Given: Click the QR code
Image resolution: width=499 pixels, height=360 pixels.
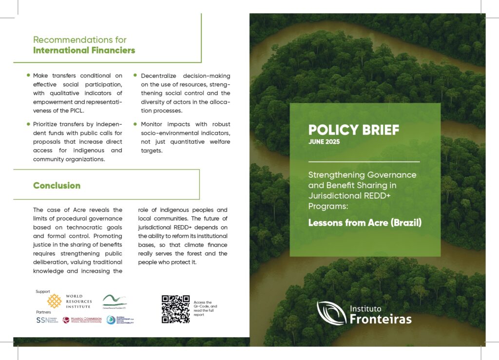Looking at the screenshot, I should click(x=175, y=309).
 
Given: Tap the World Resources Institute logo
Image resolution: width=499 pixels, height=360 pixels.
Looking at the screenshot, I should click(x=69, y=301).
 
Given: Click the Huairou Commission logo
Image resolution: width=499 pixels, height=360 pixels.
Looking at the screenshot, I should click(x=82, y=320).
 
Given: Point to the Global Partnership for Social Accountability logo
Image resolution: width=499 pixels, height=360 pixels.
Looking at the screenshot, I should click(x=120, y=320).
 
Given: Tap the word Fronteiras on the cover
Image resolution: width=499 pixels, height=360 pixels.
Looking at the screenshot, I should click(x=381, y=319).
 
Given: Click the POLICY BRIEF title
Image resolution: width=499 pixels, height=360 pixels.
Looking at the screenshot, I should click(x=353, y=130).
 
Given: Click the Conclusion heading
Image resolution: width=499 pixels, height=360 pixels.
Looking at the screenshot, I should click(x=57, y=186).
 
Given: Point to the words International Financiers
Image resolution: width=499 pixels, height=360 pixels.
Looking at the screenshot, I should click(x=84, y=50).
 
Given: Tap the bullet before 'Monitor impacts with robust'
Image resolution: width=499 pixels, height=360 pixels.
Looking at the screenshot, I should click(x=135, y=124).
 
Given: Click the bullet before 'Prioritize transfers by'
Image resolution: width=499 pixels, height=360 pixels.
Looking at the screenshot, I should click(x=28, y=124).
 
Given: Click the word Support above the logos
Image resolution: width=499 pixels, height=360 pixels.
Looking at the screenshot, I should click(x=43, y=291).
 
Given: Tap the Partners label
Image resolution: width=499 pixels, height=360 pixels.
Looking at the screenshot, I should click(x=43, y=312).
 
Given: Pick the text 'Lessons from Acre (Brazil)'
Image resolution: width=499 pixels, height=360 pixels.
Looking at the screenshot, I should click(x=365, y=224).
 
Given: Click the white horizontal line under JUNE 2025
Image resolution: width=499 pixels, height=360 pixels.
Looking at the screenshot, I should click(x=364, y=161).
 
